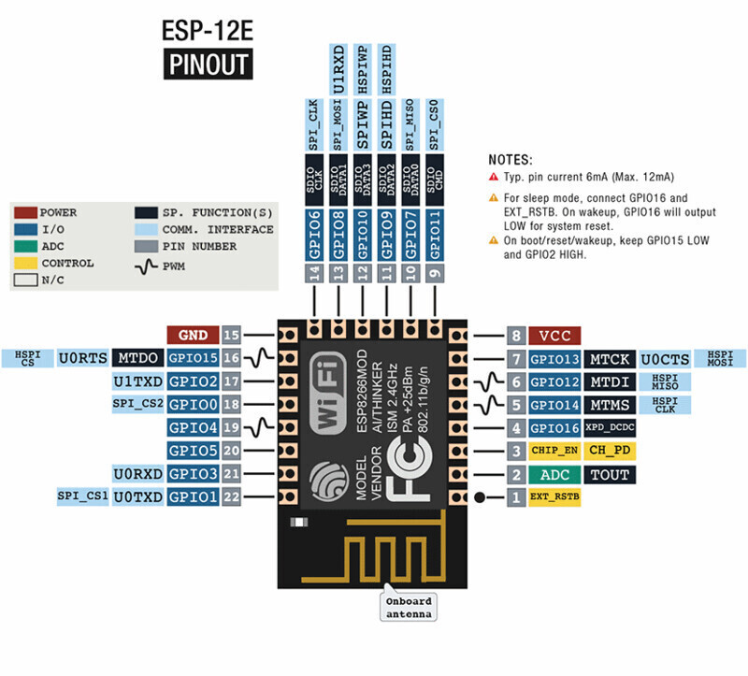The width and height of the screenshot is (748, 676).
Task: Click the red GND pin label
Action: tap(193, 335)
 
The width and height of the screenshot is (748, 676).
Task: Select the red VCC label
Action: tap(554, 336)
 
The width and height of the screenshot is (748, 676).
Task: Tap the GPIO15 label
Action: tap(193, 358)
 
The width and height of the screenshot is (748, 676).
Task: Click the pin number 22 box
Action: tap(231, 496)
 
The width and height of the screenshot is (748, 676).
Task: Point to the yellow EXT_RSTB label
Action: tap(554, 497)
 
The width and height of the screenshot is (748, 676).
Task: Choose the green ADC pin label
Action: tap(554, 475)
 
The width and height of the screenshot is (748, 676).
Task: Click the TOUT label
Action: tap(610, 475)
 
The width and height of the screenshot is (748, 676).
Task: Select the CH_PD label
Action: tap(610, 451)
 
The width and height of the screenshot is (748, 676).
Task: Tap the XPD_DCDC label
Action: tap(610, 428)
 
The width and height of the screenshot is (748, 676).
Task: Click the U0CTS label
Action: tap(665, 359)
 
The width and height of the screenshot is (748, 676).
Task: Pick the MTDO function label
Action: tap(137, 358)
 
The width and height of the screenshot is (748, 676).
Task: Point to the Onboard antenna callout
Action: tap(409, 607)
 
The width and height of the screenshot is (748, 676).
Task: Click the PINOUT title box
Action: tap(208, 64)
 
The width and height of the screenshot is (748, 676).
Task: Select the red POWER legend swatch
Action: tap(26, 213)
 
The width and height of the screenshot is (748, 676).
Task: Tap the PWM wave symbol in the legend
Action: tap(146, 266)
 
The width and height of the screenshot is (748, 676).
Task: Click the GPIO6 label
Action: tap(314, 235)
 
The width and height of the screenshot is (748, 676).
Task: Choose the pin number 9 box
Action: tap(435, 273)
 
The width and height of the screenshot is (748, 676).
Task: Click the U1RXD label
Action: tap(338, 69)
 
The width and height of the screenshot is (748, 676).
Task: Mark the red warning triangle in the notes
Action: tap(494, 177)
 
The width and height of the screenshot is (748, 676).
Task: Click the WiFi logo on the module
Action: tap(328, 393)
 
